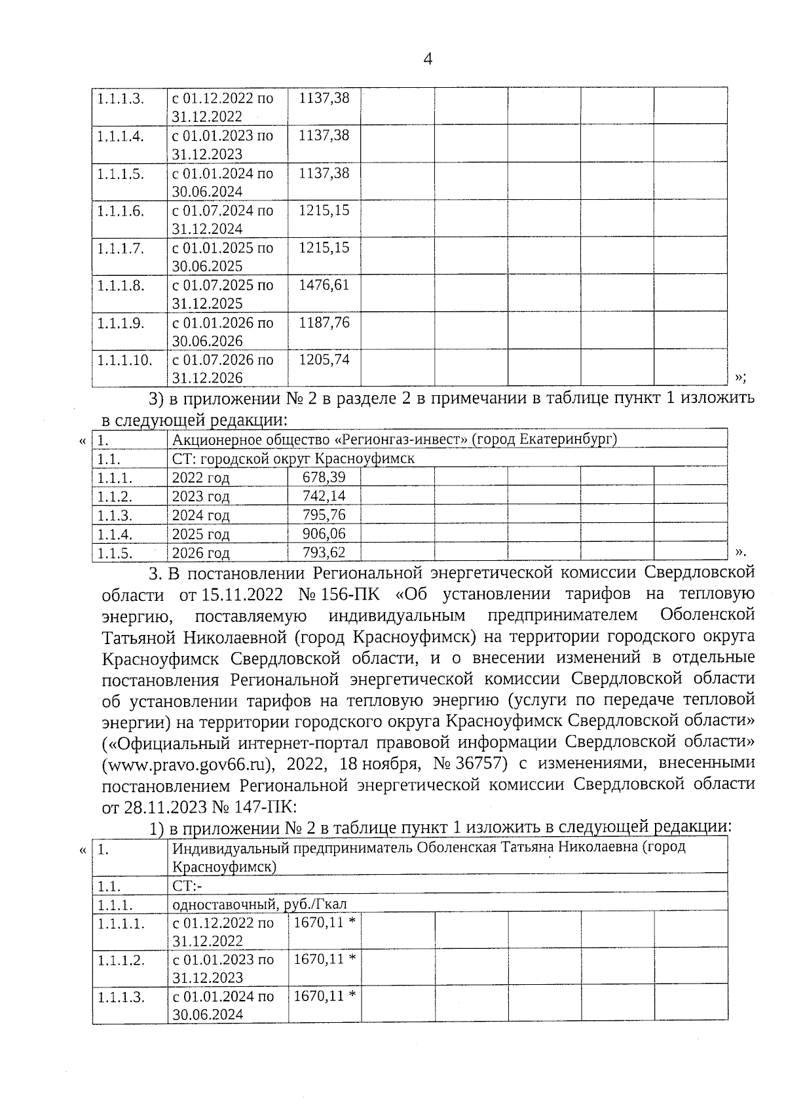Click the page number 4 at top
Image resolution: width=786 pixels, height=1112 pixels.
pyautogui.click(x=428, y=60)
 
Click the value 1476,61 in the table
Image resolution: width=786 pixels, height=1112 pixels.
pyautogui.click(x=324, y=285)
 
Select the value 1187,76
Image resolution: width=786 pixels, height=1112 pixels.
pyautogui.click(x=324, y=322)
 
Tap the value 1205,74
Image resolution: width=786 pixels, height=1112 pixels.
pyautogui.click(x=324, y=360)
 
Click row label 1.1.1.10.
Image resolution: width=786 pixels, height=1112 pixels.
pyautogui.click(x=124, y=360)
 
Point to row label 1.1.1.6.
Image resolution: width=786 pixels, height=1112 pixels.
pyautogui.click(x=121, y=211)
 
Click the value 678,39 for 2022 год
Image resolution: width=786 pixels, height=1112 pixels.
pyautogui.click(x=324, y=478)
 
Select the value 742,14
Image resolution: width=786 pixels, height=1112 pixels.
pyautogui.click(x=324, y=496)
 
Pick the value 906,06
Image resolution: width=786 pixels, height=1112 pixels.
pyautogui.click(x=324, y=534)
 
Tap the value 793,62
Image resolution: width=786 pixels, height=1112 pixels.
pyautogui.click(x=324, y=552)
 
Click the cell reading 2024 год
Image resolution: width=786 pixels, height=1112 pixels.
pyautogui.click(x=200, y=515)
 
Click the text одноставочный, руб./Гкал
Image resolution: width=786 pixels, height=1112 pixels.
pyautogui.click(x=259, y=905)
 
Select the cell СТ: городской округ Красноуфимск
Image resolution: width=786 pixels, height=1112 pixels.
pyautogui.click(x=293, y=458)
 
